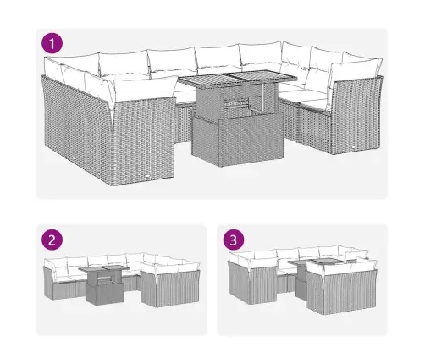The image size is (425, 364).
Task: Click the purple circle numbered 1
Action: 52,43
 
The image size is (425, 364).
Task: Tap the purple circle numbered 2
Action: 52,240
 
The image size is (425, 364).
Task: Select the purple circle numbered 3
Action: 234,240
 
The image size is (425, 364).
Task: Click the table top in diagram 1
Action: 238,78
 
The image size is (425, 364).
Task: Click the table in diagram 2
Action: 104,285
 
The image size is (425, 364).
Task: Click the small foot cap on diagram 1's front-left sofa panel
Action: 148,177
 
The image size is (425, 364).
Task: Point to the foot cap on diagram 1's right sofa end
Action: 353,147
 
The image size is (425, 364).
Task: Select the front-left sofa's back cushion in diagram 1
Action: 145,89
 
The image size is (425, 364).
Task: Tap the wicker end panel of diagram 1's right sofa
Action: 357,116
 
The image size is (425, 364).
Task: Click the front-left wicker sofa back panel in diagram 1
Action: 144,141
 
